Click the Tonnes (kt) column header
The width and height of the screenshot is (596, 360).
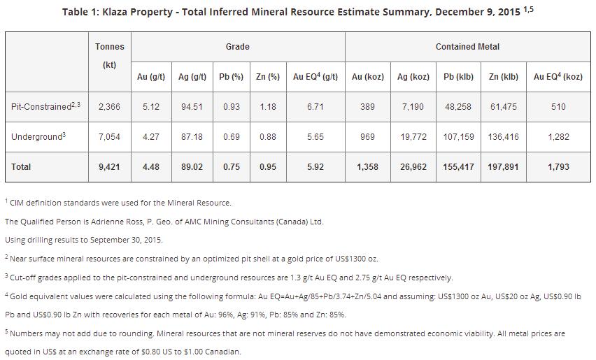click(x=110, y=55)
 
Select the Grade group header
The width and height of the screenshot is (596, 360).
click(x=237, y=47)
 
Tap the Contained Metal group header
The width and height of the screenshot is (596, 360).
click(x=467, y=47)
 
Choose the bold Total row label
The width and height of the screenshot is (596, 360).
click(x=22, y=167)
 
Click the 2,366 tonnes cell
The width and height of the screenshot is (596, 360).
click(x=110, y=107)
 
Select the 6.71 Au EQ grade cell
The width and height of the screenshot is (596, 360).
click(x=315, y=107)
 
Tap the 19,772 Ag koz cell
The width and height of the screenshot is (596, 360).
click(x=413, y=137)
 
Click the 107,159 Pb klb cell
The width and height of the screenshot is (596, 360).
click(x=458, y=137)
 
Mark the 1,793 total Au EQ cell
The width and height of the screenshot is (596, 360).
click(x=558, y=167)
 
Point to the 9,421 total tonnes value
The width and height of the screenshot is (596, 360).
click(x=110, y=167)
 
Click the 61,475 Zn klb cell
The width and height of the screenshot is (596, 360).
click(x=504, y=107)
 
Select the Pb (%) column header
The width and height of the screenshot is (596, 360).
click(x=229, y=77)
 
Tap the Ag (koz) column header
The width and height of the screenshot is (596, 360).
click(x=413, y=77)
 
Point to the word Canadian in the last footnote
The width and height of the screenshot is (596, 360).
click(x=220, y=352)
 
